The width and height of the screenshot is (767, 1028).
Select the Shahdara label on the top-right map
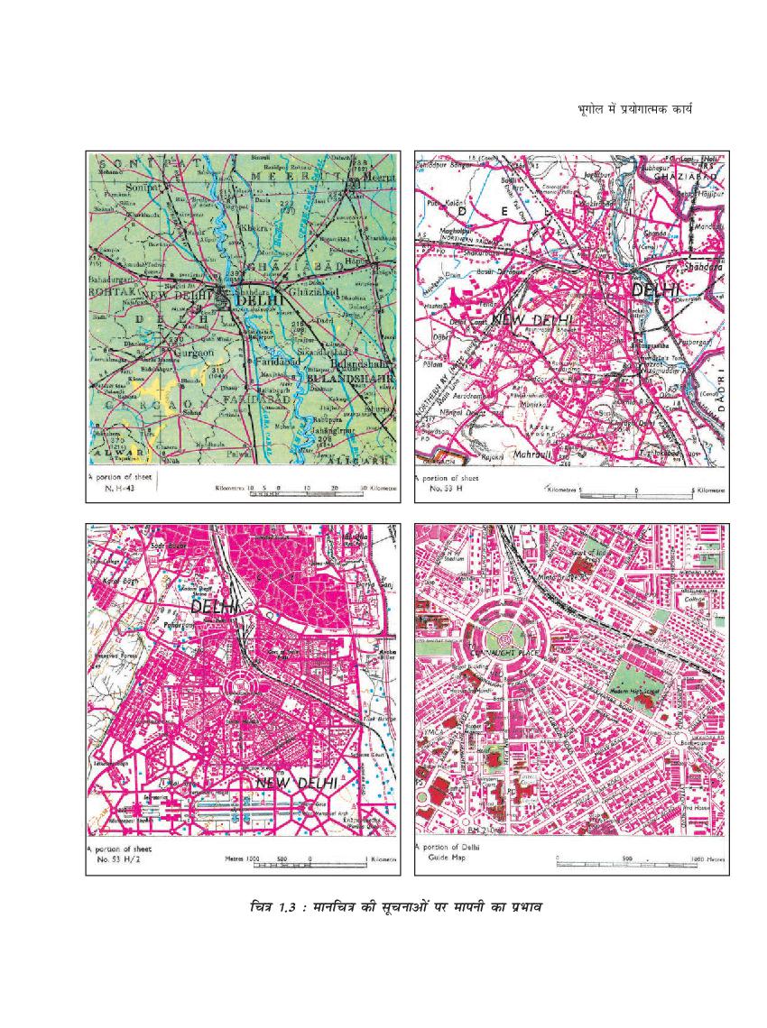(706, 267)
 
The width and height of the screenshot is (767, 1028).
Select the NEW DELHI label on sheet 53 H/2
(297, 784)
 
